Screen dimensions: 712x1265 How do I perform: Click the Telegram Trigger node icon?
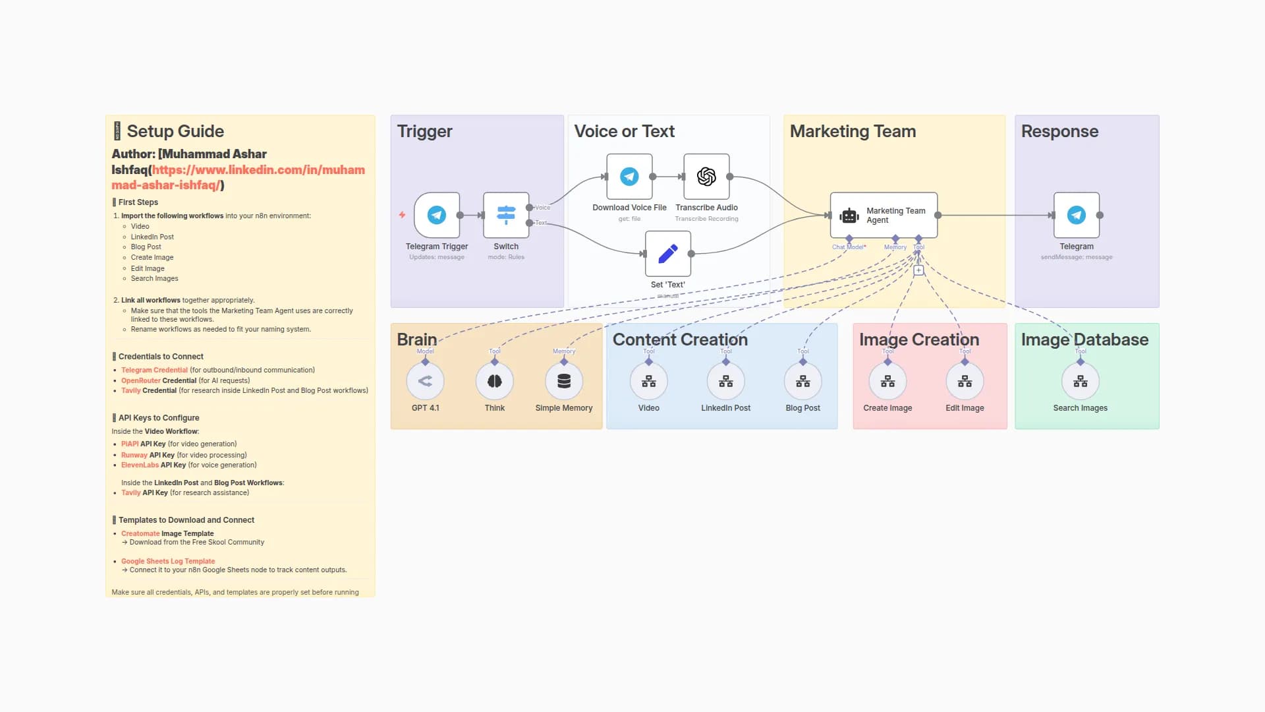pos(437,215)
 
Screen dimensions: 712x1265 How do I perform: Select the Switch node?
pos(506,215)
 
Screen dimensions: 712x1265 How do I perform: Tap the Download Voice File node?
pos(629,177)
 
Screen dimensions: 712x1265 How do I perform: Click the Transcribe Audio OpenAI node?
pos(706,177)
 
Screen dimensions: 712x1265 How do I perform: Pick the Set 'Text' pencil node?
pos(668,254)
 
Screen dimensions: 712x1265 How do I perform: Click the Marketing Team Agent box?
pos(884,215)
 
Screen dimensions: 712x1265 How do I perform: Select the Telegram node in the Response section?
pos(1077,215)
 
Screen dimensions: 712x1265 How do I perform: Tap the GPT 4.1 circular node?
pos(425,381)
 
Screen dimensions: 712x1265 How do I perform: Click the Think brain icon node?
pos(495,381)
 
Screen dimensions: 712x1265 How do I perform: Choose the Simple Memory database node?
pos(564,381)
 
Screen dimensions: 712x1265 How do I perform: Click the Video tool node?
pos(649,381)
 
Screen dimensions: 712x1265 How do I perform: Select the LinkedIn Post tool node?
pos(726,381)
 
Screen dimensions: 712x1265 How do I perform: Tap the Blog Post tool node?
pos(803,381)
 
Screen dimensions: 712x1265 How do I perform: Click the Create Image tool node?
pos(888,381)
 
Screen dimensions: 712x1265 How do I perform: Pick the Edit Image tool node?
pos(965,381)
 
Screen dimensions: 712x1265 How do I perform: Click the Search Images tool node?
pos(1081,381)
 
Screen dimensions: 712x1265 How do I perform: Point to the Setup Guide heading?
pos(175,131)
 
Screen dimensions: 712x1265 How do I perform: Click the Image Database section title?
pos(1084,340)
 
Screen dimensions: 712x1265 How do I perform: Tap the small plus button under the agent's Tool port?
pos(918,270)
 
